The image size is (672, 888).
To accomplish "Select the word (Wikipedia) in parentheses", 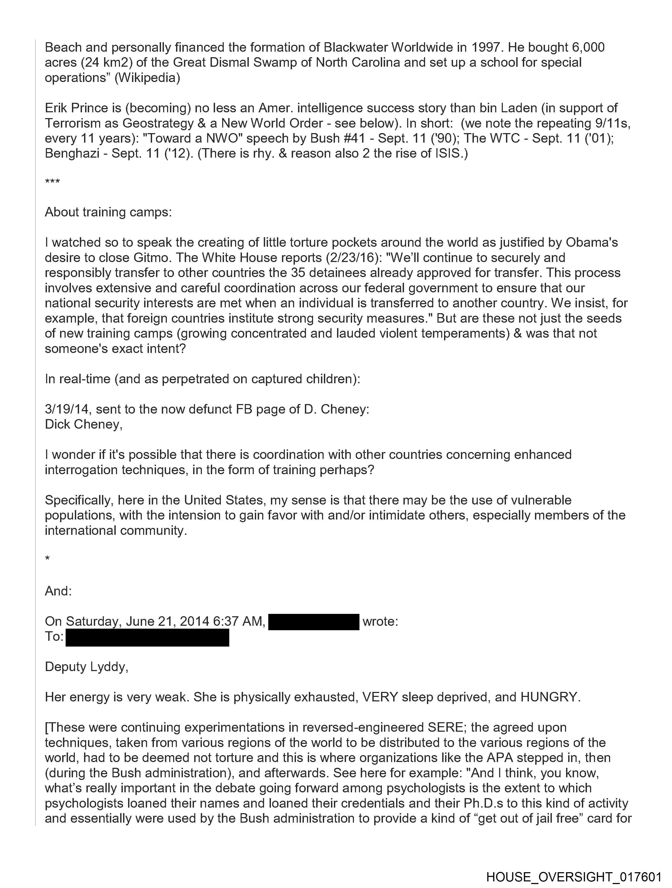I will (x=147, y=77).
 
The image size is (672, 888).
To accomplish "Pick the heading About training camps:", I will (x=108, y=212).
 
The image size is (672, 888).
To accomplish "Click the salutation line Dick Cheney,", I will (x=84, y=424).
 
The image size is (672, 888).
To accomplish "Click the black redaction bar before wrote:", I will (x=314, y=622).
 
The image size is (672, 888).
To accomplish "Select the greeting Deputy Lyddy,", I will (x=86, y=667).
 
